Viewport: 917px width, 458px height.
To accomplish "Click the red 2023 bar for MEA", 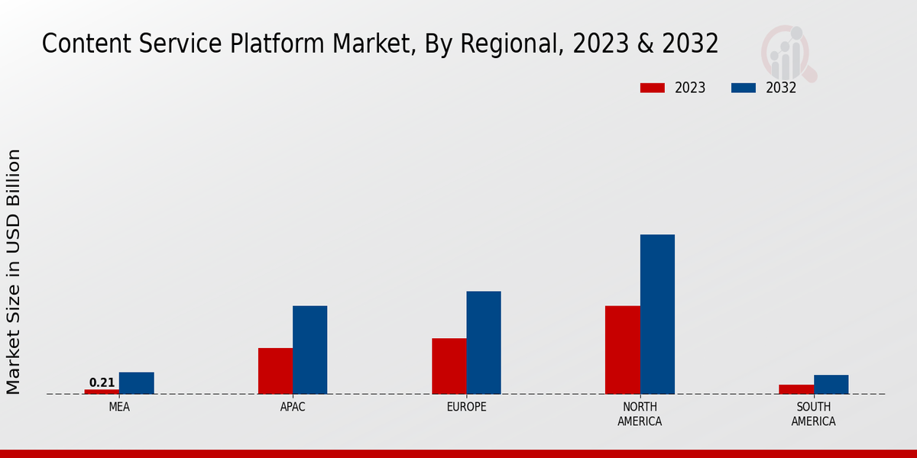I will (102, 392).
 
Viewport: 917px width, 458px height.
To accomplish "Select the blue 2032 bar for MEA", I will (137, 383).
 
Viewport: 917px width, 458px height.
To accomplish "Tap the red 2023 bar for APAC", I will (275, 371).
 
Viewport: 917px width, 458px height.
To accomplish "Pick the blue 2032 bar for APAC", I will (310, 350).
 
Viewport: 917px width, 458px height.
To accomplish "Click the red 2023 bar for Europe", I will (449, 366).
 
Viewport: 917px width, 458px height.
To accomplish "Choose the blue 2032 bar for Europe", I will (484, 343).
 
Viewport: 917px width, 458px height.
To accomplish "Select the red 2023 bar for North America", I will (623, 350).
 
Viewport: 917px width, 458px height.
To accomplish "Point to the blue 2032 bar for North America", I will (657, 314).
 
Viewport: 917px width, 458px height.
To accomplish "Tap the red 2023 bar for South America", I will (796, 389).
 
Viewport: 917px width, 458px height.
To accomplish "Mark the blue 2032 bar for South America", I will (831, 385).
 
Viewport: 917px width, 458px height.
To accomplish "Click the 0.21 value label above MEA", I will (102, 382).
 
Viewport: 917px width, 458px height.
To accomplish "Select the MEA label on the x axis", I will (119, 407).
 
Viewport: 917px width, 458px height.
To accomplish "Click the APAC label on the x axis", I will (293, 407).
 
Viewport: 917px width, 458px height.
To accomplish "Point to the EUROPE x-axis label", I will (466, 407).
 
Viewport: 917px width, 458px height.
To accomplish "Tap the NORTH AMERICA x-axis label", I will (640, 414).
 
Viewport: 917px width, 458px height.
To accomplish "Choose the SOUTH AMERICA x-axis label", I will (813, 414).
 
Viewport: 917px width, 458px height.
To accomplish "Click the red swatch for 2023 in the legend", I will (652, 88).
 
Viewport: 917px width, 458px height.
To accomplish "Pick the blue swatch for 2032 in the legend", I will (744, 88).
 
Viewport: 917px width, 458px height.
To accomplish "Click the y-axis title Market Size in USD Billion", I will (14, 272).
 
